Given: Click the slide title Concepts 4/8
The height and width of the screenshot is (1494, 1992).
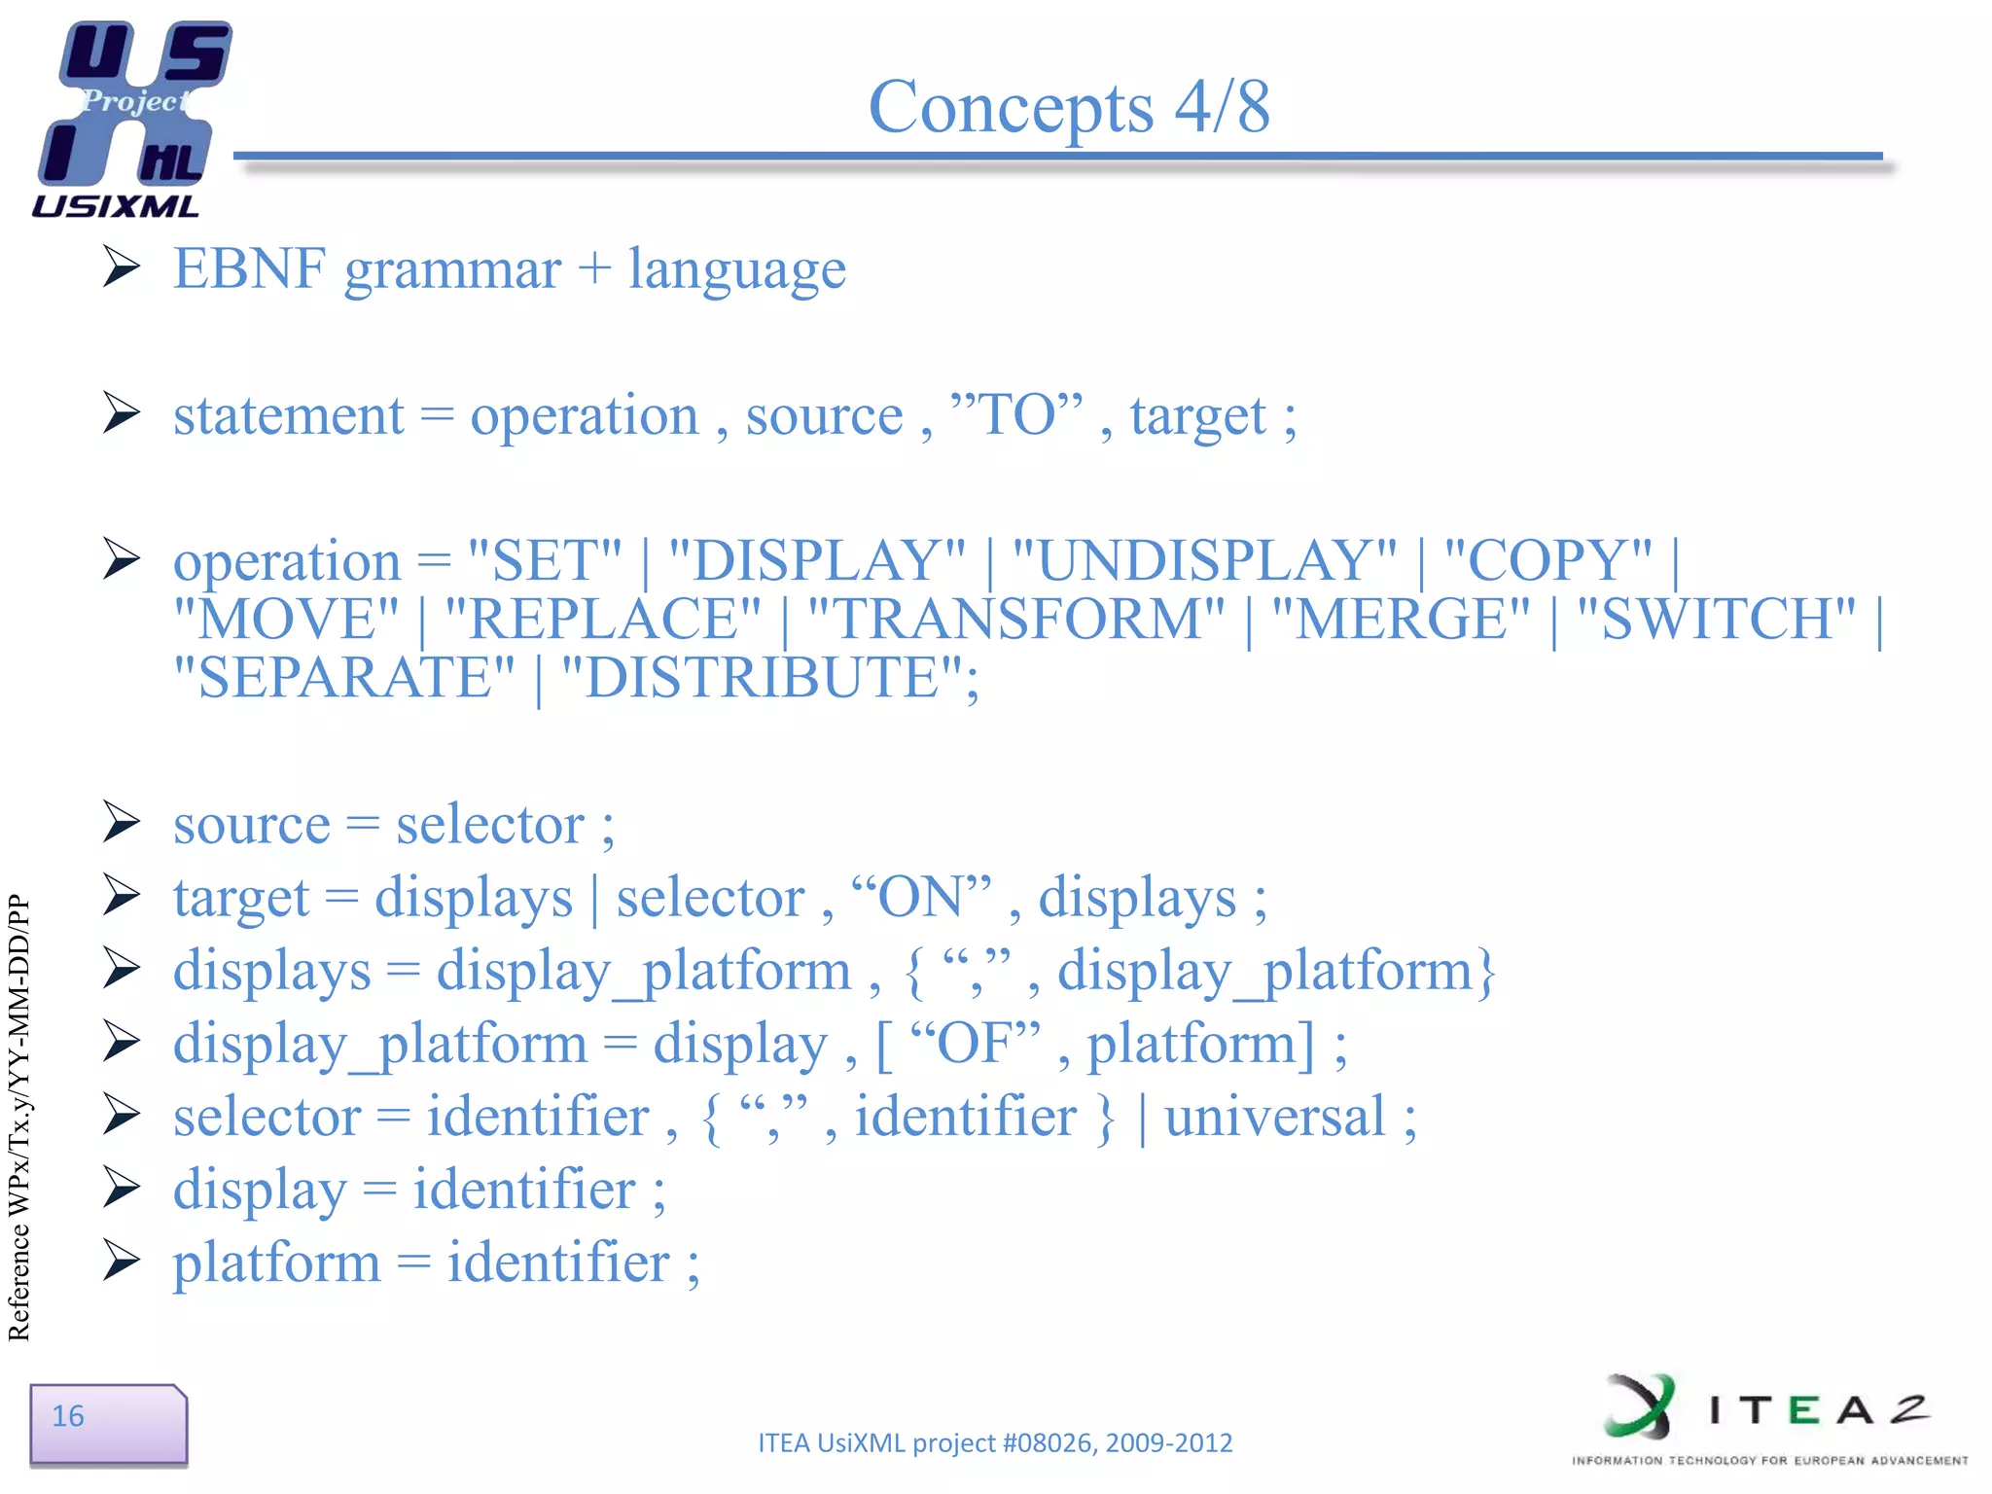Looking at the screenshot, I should pos(1068,107).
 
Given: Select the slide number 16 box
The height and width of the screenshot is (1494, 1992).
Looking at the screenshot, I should pos(107,1424).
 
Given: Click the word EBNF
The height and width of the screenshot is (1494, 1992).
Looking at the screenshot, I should pos(249,268).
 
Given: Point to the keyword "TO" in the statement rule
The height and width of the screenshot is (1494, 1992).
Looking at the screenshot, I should pos(1016,415).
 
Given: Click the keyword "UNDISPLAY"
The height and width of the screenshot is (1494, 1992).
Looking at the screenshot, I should pos(1204,561).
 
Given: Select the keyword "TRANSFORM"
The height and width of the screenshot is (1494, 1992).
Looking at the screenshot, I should pos(1015,620).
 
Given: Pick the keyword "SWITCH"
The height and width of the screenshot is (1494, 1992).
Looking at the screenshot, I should pos(1716,620).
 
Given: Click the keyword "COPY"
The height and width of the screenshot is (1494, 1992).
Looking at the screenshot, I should pos(1548,561).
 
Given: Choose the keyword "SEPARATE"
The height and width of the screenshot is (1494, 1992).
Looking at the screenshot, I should pos(343,678).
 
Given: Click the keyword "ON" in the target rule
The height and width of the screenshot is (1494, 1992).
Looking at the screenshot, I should pos(920,897).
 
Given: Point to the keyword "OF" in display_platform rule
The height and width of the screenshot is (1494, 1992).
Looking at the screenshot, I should pos(974,1043).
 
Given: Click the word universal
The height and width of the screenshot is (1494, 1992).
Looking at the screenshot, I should pos(1274,1117).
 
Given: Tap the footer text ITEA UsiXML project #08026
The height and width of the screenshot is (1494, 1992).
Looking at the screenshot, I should pos(994,1442).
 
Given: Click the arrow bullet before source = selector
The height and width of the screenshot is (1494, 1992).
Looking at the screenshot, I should pos(123,823).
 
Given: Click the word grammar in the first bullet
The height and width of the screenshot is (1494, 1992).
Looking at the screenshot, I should pos(452,270).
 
